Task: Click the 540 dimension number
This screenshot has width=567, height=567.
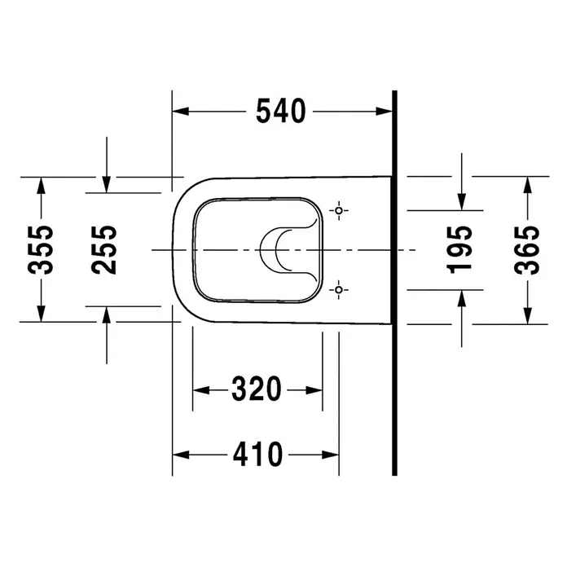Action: coord(280,111)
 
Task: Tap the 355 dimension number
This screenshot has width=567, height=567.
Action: coord(41,250)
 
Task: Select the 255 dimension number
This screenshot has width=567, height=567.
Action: coord(104,250)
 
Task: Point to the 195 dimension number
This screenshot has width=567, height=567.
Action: coord(459,249)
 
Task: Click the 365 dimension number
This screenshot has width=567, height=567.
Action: coord(527,250)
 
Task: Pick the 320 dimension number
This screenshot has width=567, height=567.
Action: coord(257,389)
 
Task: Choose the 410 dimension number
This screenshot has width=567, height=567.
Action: coord(257,454)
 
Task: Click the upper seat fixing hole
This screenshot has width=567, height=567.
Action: coord(339,210)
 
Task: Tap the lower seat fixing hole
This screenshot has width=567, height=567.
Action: coord(339,290)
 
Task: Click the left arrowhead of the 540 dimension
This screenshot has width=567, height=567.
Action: coord(180,111)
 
